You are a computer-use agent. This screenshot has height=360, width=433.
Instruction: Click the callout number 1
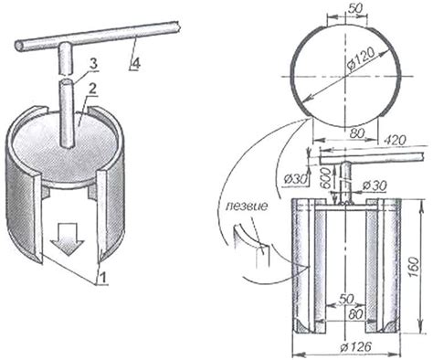(103, 278)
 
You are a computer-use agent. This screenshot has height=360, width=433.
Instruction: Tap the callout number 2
(92, 90)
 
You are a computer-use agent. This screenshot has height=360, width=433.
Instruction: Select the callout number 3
(93, 65)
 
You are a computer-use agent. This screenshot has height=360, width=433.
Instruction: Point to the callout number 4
(136, 64)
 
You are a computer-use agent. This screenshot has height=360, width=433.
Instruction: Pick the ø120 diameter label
(361, 60)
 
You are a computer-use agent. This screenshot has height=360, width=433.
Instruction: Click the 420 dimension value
(395, 140)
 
